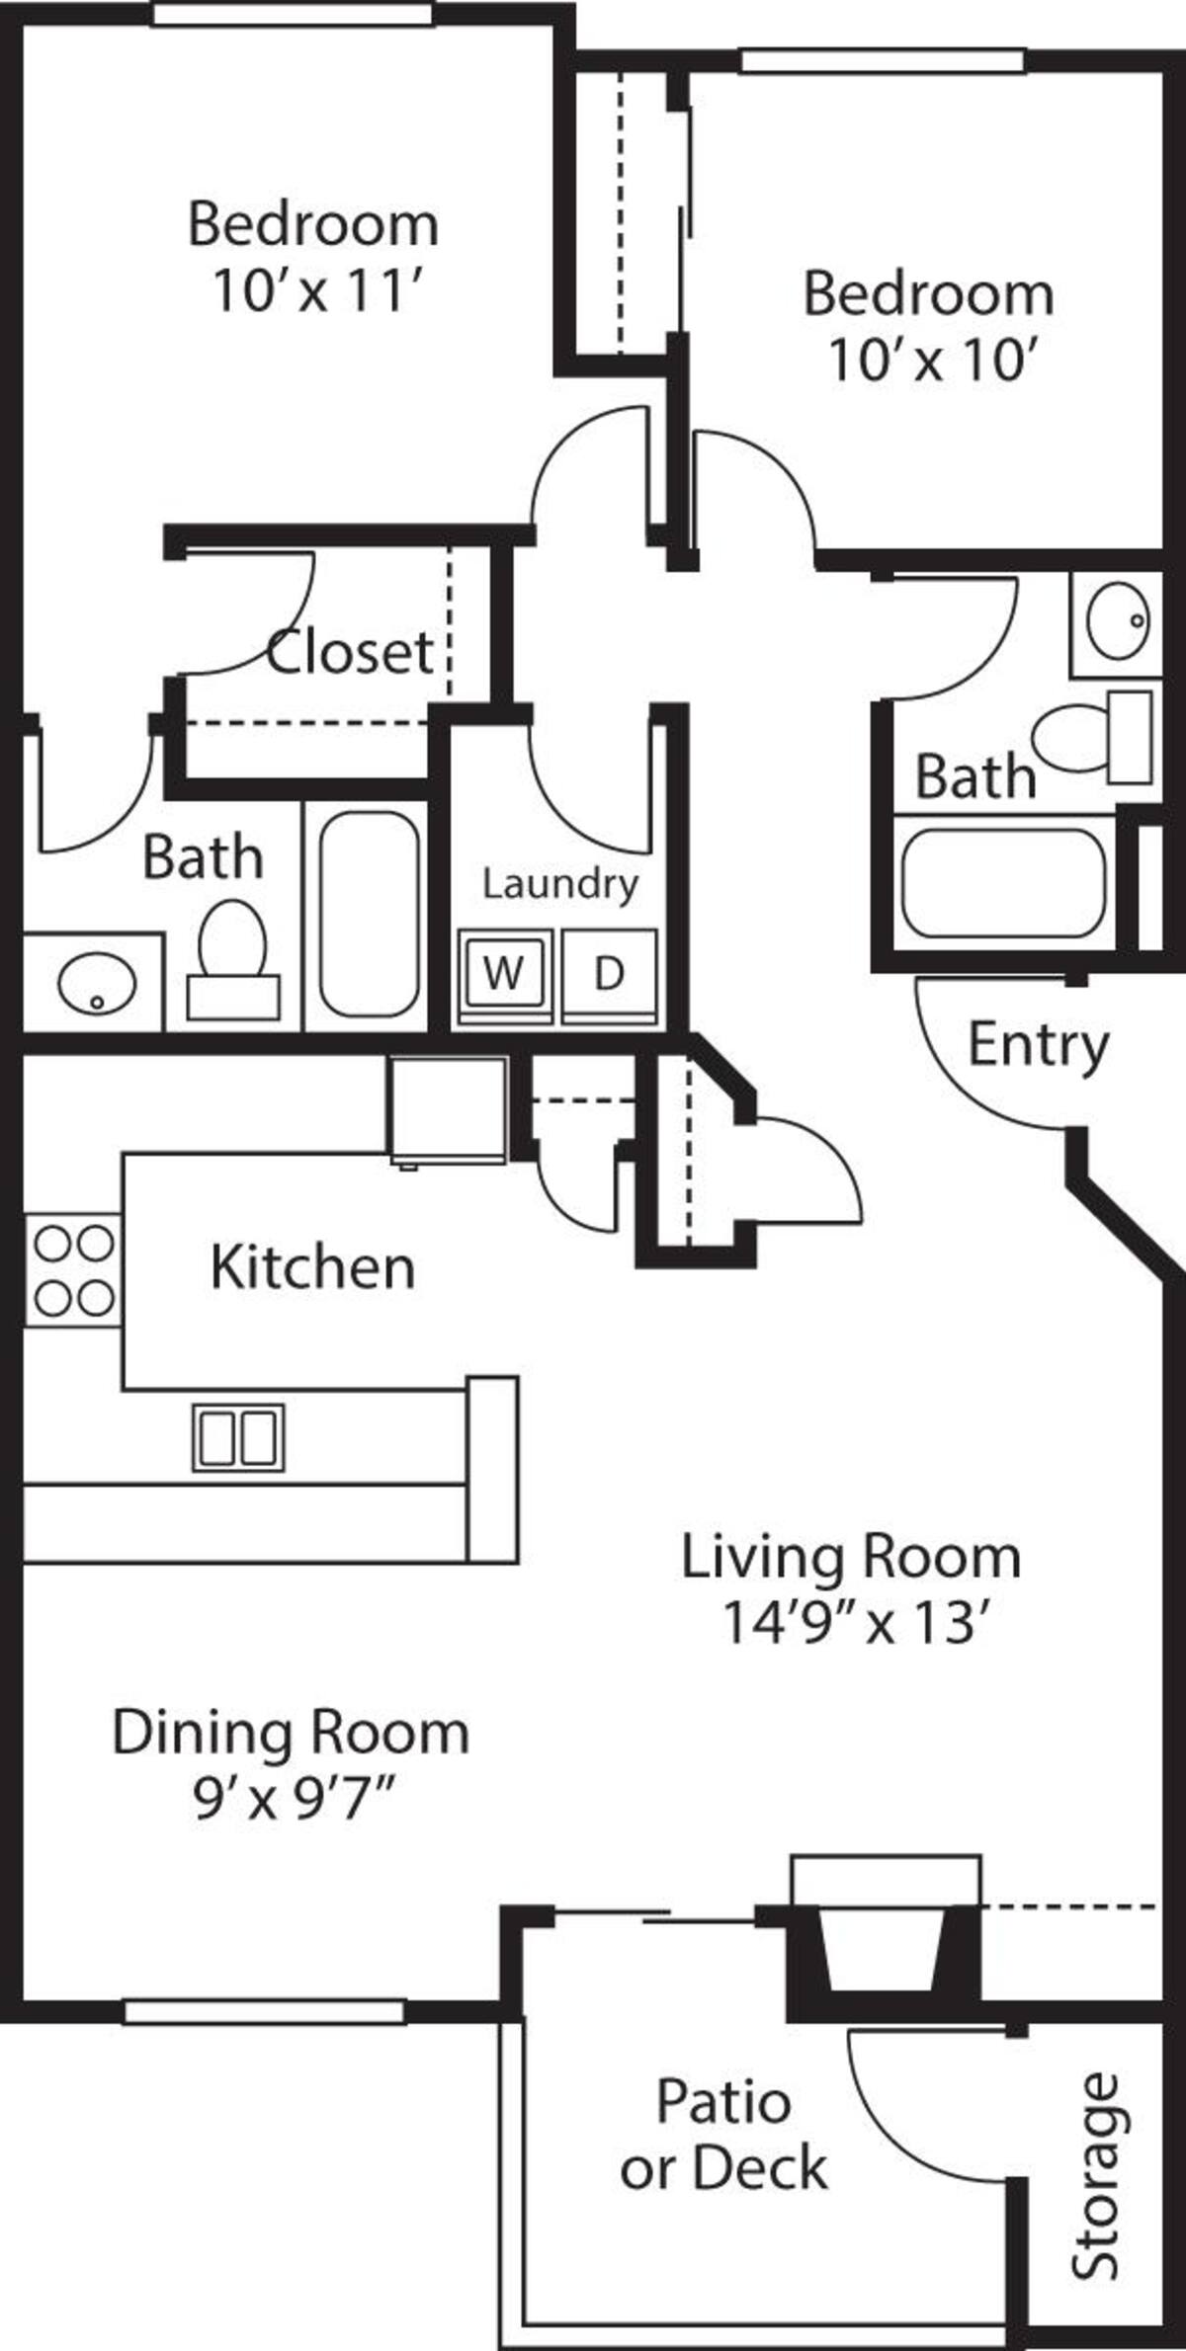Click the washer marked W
504,975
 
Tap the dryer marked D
610,975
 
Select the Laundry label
560,885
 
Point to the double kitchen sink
238,1437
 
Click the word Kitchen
312,1267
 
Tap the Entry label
1038,1047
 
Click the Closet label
350,652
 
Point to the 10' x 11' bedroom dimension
318,292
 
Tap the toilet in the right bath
1092,737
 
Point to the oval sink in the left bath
97,983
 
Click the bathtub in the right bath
1004,882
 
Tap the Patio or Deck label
724,2135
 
